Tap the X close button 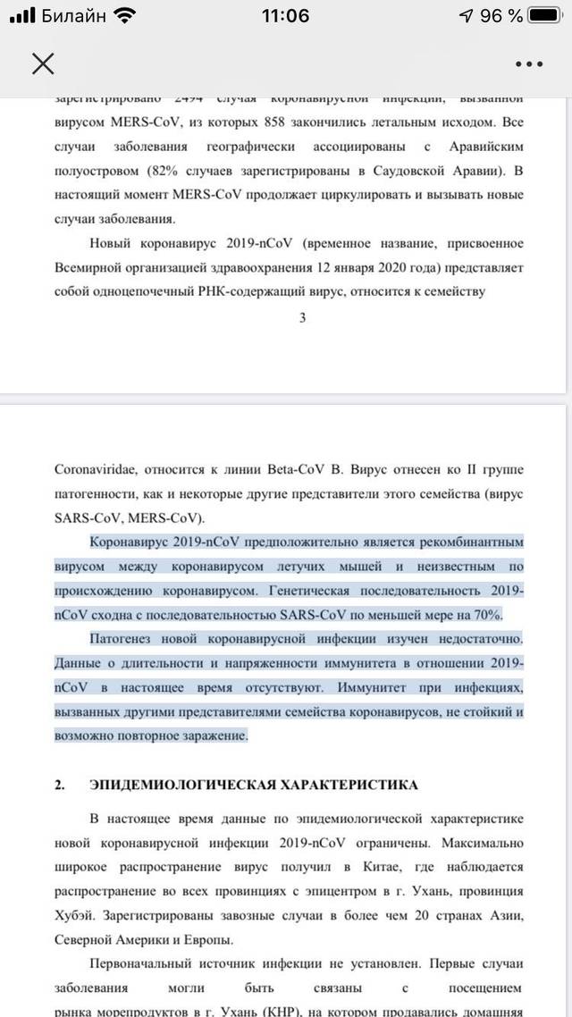43,63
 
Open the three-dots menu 529,63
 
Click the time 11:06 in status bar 286,15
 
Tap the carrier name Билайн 74,15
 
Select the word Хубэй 80,916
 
